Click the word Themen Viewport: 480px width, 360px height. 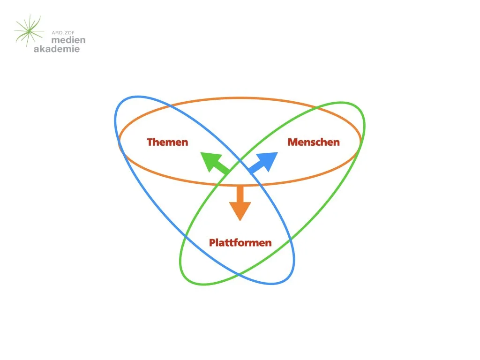click(x=167, y=142)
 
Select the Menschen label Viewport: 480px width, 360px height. click(x=314, y=142)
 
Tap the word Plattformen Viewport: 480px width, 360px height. click(x=240, y=243)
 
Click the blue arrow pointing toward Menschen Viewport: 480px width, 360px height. click(x=264, y=163)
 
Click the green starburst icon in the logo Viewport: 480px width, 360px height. click(x=29, y=31)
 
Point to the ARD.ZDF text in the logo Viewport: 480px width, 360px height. click(x=63, y=32)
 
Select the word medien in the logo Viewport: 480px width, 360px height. click(x=68, y=40)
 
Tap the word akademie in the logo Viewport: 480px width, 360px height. click(x=57, y=49)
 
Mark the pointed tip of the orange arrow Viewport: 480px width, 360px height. click(x=240, y=220)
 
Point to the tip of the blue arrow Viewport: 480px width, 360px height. click(x=277, y=152)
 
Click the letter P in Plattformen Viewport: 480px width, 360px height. click(x=212, y=243)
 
